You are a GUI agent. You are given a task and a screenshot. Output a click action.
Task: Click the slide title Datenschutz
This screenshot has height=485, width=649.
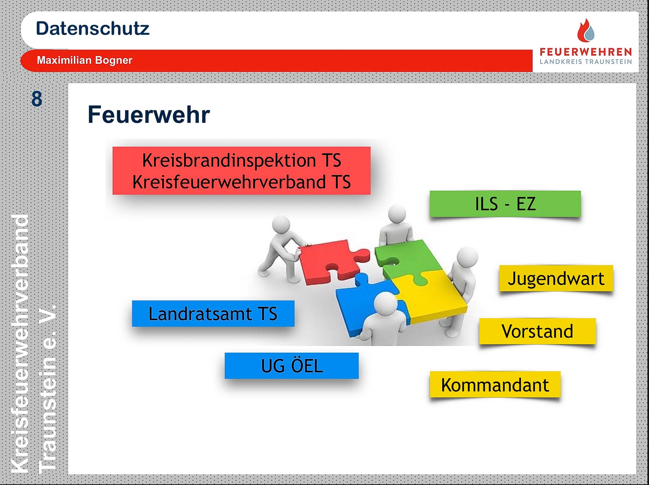(x=92, y=29)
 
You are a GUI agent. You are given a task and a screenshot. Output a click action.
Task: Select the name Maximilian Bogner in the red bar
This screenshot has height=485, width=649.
(x=84, y=60)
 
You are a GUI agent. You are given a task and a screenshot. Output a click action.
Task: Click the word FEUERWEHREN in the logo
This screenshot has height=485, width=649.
(x=586, y=52)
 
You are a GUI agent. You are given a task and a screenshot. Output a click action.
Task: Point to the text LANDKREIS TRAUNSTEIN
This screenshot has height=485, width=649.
(x=586, y=62)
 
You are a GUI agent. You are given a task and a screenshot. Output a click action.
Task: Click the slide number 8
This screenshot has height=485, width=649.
(x=37, y=99)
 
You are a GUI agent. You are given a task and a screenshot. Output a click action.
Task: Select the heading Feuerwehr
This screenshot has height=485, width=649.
(x=149, y=115)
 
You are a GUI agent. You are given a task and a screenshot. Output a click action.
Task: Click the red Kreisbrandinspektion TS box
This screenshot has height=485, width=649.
(x=241, y=170)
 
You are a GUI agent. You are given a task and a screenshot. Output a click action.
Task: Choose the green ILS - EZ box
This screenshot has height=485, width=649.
(x=505, y=204)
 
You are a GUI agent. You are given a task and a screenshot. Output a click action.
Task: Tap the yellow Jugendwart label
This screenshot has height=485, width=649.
(x=556, y=278)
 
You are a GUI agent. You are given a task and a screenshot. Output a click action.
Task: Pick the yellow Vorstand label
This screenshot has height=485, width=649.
(x=537, y=331)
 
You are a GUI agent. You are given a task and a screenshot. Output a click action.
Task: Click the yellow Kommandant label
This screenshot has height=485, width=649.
(x=495, y=384)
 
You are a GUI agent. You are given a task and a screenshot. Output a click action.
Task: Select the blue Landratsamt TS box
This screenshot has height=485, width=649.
(x=213, y=313)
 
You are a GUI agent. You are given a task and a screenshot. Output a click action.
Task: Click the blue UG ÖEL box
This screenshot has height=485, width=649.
(x=292, y=366)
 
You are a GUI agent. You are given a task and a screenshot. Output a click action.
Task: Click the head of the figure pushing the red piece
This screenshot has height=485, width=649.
(x=281, y=225)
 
